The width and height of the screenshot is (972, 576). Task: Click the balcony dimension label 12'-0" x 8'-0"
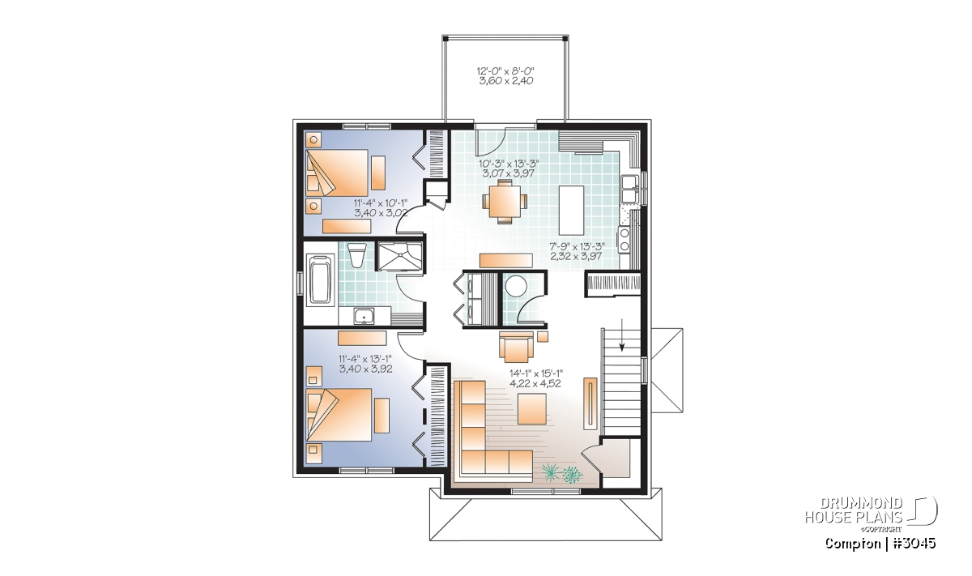pyautogui.click(x=505, y=70)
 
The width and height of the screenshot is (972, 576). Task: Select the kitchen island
pyautogui.click(x=572, y=210)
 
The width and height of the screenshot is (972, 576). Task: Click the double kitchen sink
pyautogui.click(x=629, y=189)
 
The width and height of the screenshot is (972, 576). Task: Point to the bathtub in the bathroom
pyautogui.click(x=322, y=280)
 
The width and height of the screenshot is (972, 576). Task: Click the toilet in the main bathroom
pyautogui.click(x=357, y=255)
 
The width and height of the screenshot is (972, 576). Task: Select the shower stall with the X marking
pyautogui.click(x=399, y=257)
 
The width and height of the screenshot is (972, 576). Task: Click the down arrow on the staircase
pyautogui.click(x=622, y=335)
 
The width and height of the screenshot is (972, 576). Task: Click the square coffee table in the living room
pyautogui.click(x=532, y=408)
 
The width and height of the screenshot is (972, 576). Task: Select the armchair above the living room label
pyautogui.click(x=516, y=347)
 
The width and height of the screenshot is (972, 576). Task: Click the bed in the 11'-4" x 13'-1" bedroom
pyautogui.click(x=339, y=416)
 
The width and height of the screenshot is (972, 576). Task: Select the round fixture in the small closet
pyautogui.click(x=517, y=287)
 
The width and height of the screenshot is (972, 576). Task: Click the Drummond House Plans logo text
pyautogui.click(x=854, y=510)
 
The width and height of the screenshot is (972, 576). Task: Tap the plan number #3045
pyautogui.click(x=913, y=543)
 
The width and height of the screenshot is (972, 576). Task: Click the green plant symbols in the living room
pyautogui.click(x=563, y=472)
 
